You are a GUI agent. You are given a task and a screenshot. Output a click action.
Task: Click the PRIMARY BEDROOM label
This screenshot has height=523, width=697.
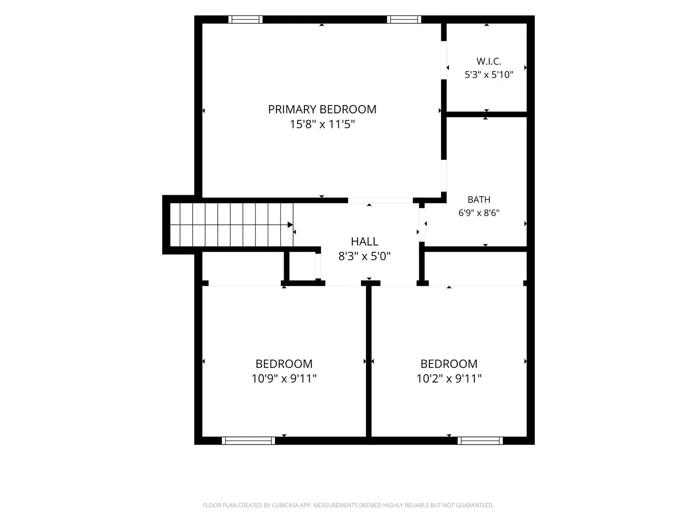coord(322,109)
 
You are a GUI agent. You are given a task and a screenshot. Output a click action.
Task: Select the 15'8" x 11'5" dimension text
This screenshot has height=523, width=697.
coord(322,124)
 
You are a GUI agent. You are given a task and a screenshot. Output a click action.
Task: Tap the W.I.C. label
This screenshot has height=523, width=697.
coord(489,61)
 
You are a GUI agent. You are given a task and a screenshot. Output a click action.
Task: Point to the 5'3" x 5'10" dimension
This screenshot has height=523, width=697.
coord(489,75)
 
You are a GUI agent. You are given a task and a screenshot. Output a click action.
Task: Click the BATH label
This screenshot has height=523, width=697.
coord(479,200)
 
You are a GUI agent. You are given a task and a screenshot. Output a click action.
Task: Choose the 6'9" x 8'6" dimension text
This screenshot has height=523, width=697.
coord(479,213)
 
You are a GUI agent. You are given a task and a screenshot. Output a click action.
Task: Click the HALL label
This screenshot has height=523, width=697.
coord(364,242)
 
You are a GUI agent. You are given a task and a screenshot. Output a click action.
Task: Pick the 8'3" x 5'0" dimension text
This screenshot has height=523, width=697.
coord(364,256)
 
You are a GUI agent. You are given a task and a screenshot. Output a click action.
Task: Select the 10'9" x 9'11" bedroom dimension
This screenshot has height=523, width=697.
coord(284,379)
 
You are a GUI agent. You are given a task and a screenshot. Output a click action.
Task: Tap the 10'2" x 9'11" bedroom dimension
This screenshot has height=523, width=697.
coord(449,379)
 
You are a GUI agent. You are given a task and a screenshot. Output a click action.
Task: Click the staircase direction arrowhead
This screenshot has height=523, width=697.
coord(290,225)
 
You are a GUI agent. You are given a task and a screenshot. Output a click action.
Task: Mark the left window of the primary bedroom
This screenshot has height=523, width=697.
coord(245,20)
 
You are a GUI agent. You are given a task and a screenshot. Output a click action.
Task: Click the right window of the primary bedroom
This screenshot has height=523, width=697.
coord(404,20)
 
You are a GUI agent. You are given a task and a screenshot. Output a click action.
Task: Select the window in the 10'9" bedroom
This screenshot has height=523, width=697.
coord(248,441)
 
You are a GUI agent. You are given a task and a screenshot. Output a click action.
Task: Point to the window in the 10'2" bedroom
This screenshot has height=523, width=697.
coord(480,441)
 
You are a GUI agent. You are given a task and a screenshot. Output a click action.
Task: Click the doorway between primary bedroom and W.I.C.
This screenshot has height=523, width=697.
coord(444,61)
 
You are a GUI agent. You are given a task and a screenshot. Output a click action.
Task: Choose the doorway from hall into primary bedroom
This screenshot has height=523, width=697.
coord(380,200)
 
